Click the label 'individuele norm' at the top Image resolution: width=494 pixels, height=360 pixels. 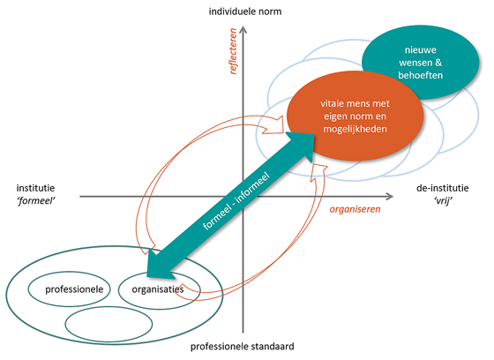pos(245,11)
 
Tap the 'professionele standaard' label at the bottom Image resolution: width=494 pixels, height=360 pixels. pos(243,347)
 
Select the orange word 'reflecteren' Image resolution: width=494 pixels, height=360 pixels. pos(233,51)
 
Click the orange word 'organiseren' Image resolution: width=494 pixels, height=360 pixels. pos(355,209)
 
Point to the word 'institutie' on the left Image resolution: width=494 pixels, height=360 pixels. pos(35,188)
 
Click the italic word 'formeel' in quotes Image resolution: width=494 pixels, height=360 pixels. pos(35,201)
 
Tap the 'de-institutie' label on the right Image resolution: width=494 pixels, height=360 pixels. pos(443,188)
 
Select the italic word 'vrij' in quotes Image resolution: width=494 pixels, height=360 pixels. pos(443,201)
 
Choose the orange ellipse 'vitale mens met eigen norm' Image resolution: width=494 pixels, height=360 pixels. pos(355,116)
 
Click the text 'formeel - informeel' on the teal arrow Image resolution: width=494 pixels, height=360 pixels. pos(236,200)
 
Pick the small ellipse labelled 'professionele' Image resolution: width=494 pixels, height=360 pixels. pos(70,289)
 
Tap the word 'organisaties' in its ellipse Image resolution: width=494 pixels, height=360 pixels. pos(158,289)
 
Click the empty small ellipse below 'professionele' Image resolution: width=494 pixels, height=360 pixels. pos(109,324)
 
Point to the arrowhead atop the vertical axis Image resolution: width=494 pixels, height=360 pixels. pos(243,30)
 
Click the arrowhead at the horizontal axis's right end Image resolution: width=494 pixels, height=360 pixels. pos(389,197)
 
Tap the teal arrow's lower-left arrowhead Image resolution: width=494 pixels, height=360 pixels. pos(159,265)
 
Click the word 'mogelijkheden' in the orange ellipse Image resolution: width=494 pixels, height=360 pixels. pos(355,129)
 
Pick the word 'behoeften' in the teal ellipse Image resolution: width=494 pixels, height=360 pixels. pos(421,75)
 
